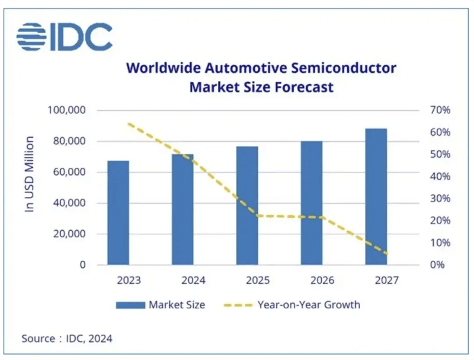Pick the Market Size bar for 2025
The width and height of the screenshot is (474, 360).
(247, 205)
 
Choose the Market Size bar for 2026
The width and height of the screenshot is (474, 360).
(312, 203)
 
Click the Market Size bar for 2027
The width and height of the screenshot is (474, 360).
(376, 196)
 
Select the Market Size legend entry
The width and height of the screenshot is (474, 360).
(160, 305)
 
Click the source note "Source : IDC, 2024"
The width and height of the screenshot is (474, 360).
(67, 339)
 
